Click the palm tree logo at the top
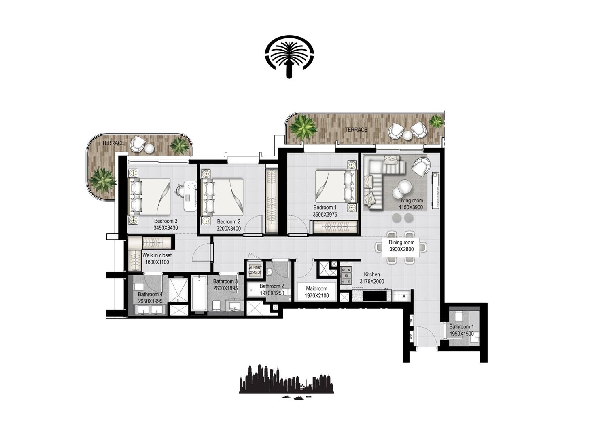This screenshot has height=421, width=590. (289, 57)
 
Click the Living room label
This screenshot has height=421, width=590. (410, 200)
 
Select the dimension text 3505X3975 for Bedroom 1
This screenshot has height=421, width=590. (325, 215)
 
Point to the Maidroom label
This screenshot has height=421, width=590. (316, 289)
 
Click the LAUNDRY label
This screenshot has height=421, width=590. (255, 268)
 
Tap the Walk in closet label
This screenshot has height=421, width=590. (157, 255)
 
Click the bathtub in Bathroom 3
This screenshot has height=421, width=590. (198, 293)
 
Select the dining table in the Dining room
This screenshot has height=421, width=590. (401, 246)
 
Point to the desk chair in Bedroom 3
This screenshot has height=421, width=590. (180, 189)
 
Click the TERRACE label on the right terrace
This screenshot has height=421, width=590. (356, 130)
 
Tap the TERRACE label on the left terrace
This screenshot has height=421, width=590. (113, 143)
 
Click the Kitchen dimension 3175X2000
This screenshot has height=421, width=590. (372, 282)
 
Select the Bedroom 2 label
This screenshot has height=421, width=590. (229, 222)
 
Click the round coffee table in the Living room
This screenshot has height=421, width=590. (404, 187)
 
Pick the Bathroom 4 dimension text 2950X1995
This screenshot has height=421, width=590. (150, 301)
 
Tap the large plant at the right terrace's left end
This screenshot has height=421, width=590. (303, 127)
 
